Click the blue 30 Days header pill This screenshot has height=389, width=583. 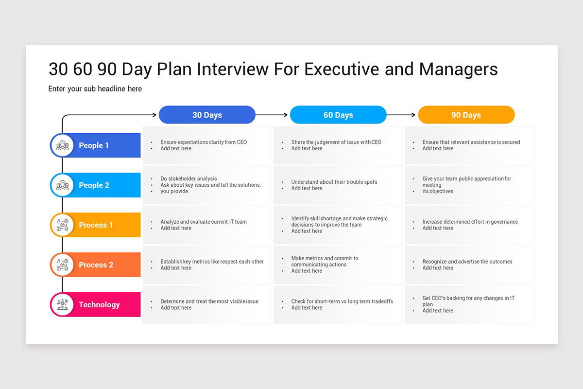point(207,115)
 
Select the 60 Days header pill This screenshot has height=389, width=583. point(338,115)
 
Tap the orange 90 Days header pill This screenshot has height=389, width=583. point(466,115)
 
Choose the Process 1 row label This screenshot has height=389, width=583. point(95,225)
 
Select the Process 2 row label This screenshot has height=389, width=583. point(95,265)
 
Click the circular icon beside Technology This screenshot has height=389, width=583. point(63,304)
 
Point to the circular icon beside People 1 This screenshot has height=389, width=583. point(63,145)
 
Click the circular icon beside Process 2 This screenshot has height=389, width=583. point(63,265)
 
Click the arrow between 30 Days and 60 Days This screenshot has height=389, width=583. point(272,115)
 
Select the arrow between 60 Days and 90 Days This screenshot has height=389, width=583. point(401,115)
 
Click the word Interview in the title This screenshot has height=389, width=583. point(232,69)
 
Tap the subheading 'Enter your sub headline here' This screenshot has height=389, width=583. point(95,89)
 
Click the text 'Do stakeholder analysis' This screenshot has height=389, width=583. point(189,178)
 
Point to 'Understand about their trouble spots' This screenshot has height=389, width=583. point(334,182)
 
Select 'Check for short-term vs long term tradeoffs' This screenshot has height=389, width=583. point(342,301)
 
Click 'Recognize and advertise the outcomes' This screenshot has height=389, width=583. point(467,262)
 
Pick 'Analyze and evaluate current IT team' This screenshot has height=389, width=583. point(204,222)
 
